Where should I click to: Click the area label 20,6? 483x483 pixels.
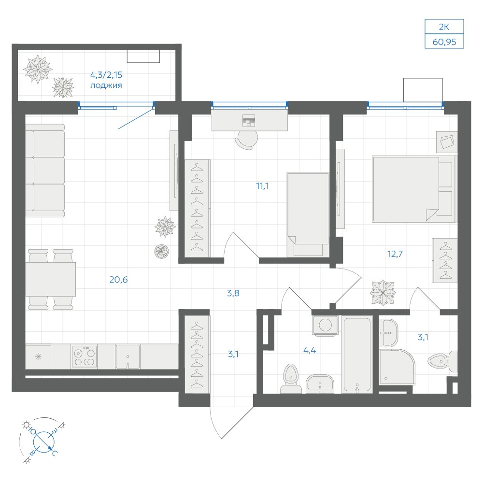(x=118, y=280)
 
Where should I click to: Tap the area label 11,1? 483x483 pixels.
(x=262, y=186)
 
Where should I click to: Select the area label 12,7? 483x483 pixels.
(x=395, y=254)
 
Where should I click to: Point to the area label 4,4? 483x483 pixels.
(x=309, y=350)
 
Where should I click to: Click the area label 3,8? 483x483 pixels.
(x=233, y=293)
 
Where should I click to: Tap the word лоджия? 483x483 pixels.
(x=106, y=85)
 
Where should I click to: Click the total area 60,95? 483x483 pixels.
(x=444, y=42)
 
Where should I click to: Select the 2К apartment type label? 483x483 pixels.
(x=444, y=27)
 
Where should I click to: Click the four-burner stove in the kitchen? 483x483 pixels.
(x=84, y=357)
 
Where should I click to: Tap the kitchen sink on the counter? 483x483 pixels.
(x=128, y=357)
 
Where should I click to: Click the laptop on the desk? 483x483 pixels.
(x=249, y=120)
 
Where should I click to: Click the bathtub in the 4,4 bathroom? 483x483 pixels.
(x=357, y=355)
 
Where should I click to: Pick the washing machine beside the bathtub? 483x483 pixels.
(x=325, y=325)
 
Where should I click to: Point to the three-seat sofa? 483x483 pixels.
(x=45, y=170)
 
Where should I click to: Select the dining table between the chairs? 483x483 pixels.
(x=51, y=279)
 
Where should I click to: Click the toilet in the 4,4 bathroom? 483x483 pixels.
(x=290, y=379)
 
